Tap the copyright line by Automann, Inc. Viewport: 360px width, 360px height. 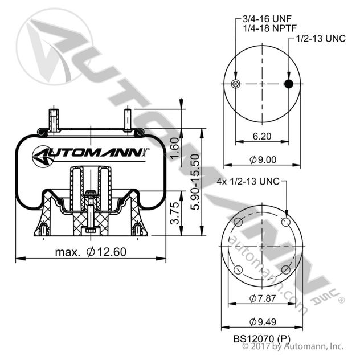click(x=293, y=346)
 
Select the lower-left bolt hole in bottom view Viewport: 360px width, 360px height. click(x=239, y=270)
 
